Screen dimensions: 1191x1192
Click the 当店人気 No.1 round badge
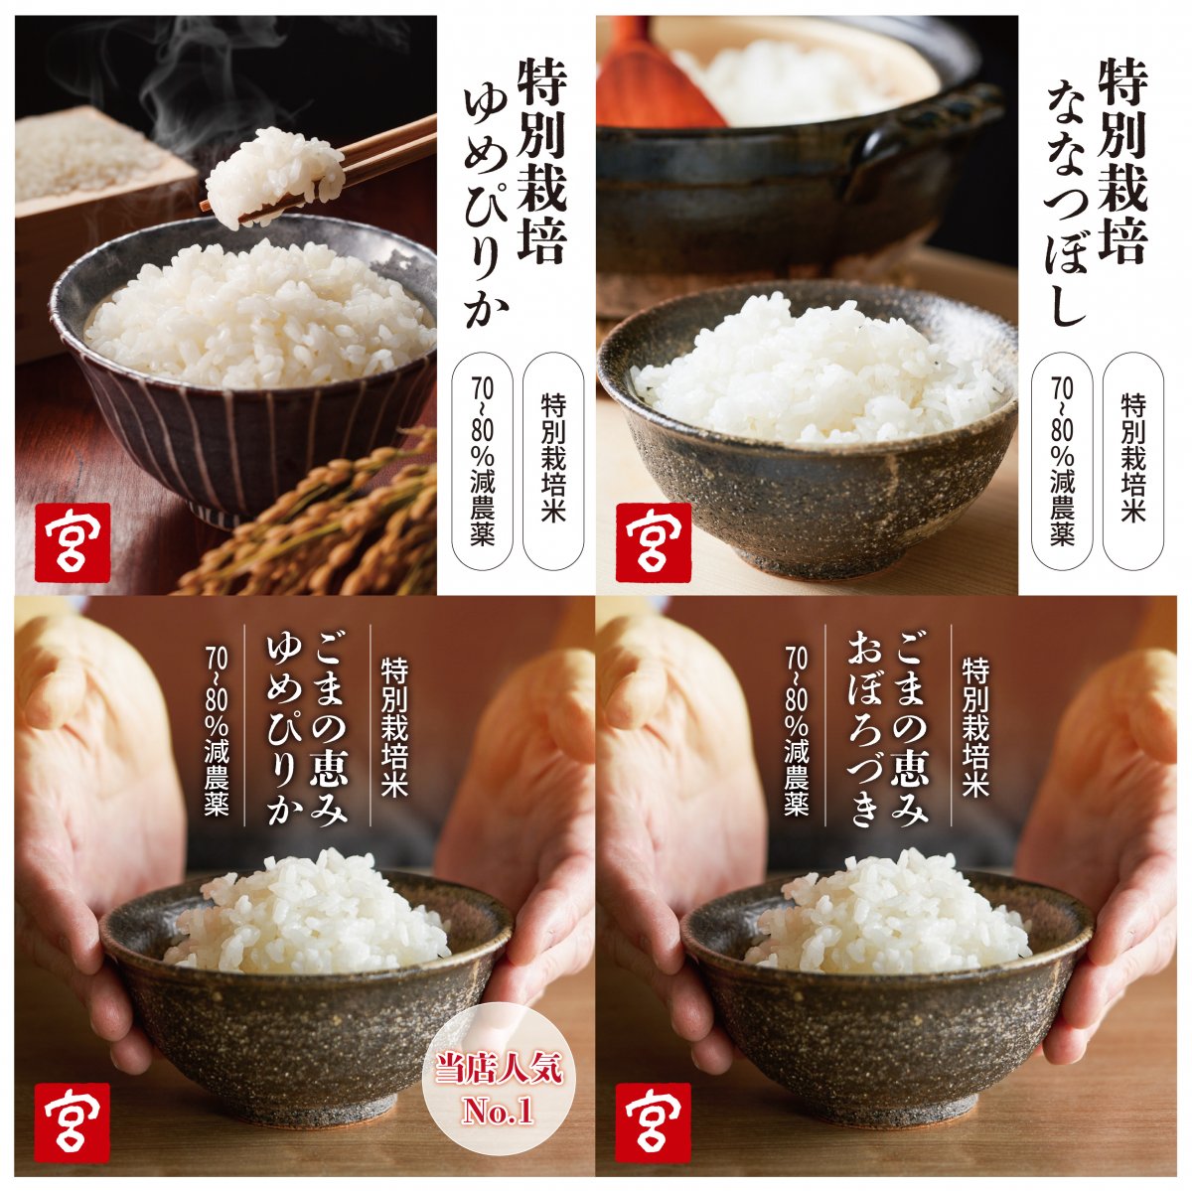point(500,1090)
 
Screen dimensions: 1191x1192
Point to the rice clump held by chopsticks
point(273,175)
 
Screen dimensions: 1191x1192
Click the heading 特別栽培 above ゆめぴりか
point(541,159)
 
